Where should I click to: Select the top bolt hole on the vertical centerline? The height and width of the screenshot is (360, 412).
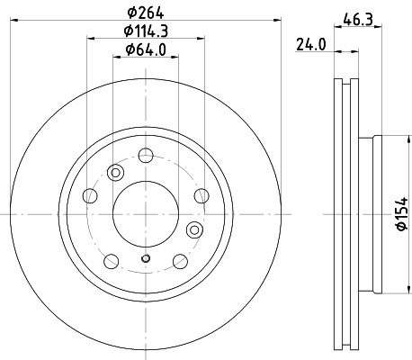[x=145, y=156]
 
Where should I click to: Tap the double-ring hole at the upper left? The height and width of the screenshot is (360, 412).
[x=115, y=174]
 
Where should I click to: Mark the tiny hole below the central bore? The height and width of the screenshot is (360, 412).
[x=145, y=259]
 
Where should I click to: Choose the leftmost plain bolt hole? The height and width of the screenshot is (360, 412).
[x=89, y=195]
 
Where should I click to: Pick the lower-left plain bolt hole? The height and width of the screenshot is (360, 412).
[x=111, y=261]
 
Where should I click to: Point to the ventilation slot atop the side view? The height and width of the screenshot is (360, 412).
[x=345, y=85]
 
